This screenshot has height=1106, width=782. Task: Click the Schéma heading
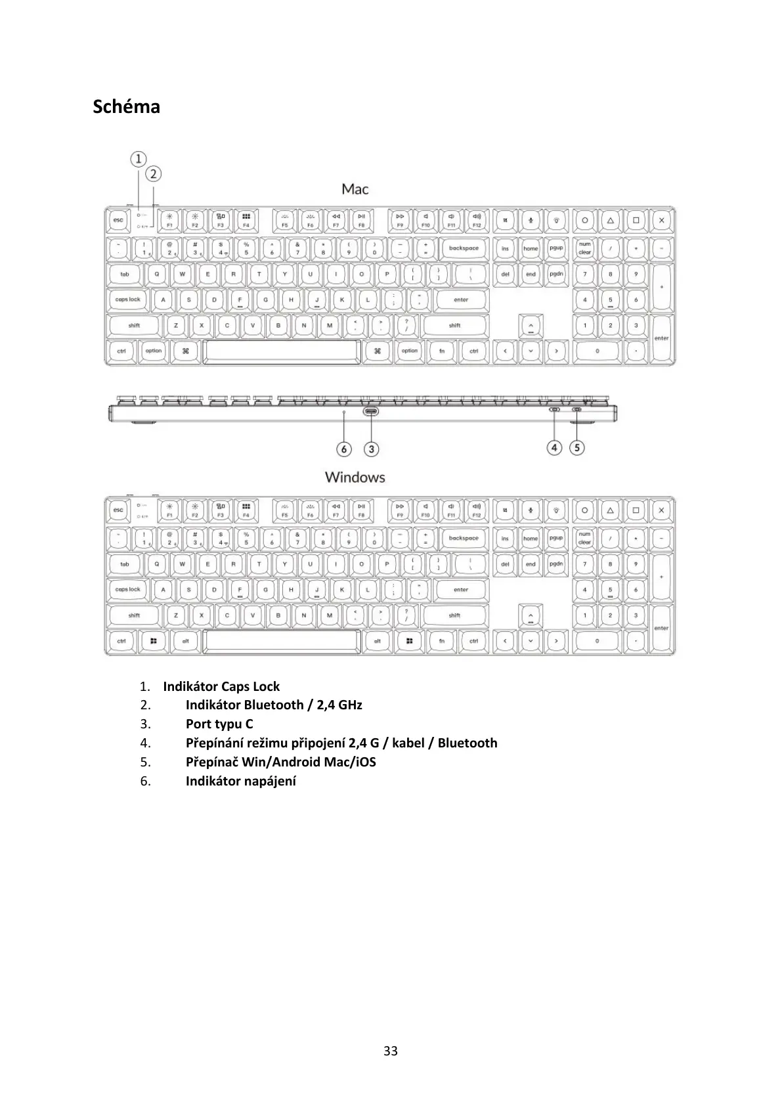pyautogui.click(x=126, y=106)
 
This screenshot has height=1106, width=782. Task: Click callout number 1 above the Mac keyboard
pyautogui.click(x=138, y=159)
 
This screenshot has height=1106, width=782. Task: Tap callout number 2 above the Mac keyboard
pyautogui.click(x=154, y=174)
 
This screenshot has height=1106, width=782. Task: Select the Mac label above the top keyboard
pyautogui.click(x=355, y=189)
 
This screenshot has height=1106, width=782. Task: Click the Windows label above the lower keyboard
pyautogui.click(x=355, y=477)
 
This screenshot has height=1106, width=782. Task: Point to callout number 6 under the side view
pyautogui.click(x=345, y=449)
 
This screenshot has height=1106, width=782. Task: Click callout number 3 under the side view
pyautogui.click(x=372, y=449)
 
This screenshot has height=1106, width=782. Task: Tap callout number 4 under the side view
pyautogui.click(x=555, y=448)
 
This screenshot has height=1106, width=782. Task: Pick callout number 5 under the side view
pyautogui.click(x=576, y=448)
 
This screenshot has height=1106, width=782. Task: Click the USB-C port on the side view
pyautogui.click(x=371, y=411)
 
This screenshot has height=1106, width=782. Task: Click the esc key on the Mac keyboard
pyautogui.click(x=118, y=221)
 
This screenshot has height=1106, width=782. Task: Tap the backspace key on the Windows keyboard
pyautogui.click(x=464, y=539)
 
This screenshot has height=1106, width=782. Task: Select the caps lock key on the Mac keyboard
pyautogui.click(x=128, y=300)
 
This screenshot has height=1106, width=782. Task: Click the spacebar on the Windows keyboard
pyautogui.click(x=282, y=641)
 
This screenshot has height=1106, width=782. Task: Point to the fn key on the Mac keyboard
pyautogui.click(x=442, y=351)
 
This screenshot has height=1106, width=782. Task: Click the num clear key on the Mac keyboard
pyautogui.click(x=584, y=248)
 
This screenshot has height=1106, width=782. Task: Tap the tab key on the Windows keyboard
pyautogui.click(x=125, y=564)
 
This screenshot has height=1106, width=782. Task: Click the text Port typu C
pyautogui.click(x=219, y=724)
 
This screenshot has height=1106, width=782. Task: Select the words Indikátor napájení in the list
pyautogui.click(x=240, y=782)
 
